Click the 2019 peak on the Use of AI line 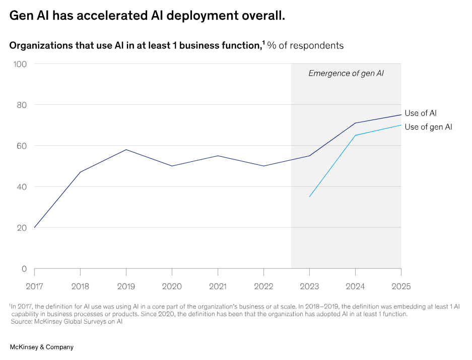(126, 150)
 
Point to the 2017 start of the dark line (35, 227)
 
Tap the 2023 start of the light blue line (309, 197)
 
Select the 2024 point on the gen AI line (355, 135)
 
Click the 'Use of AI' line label (420, 113)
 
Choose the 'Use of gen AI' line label (428, 127)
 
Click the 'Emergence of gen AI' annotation (346, 73)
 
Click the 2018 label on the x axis (80, 286)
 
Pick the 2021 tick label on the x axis (218, 286)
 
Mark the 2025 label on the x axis (401, 286)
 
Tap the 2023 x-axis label (309, 286)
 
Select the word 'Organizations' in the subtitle (41, 45)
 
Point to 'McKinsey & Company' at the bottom (42, 347)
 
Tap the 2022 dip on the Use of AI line (263, 166)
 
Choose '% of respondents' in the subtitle (305, 45)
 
